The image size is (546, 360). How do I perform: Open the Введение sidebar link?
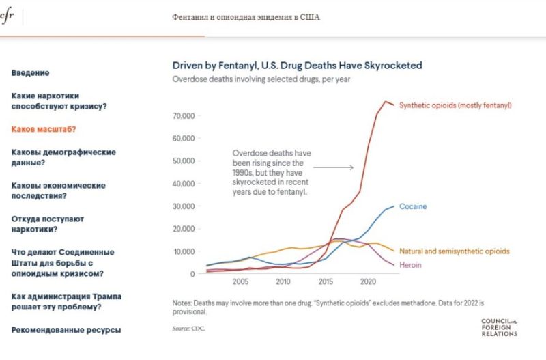31,73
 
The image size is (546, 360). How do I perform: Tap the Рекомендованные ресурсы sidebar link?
66,330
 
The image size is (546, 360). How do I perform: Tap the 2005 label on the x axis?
240,281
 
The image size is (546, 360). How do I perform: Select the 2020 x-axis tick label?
368,281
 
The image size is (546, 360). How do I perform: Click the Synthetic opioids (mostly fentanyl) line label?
455,105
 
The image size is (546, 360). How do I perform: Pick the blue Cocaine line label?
413,206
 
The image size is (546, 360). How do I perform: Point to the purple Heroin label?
410,265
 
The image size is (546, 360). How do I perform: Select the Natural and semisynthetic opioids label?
454,251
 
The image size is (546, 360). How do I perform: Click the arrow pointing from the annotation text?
335,167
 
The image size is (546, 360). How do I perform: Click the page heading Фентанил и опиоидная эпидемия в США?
246,17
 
